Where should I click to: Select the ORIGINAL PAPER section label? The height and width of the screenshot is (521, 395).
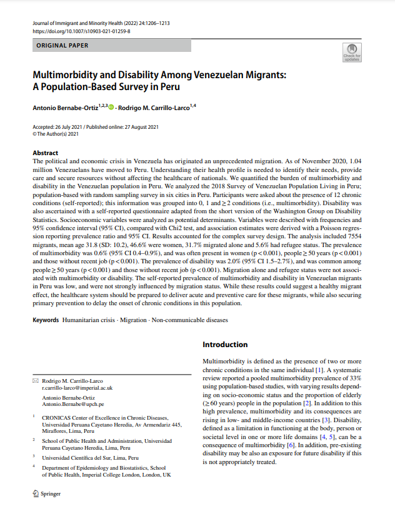tap(62, 46)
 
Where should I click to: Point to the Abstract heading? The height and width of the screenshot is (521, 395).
tap(46, 153)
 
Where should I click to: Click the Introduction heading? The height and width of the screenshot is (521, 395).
tap(225, 345)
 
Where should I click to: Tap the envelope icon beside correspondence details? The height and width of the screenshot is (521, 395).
tap(35, 381)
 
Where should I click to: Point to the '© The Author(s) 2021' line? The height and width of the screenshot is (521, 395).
tap(56, 133)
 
